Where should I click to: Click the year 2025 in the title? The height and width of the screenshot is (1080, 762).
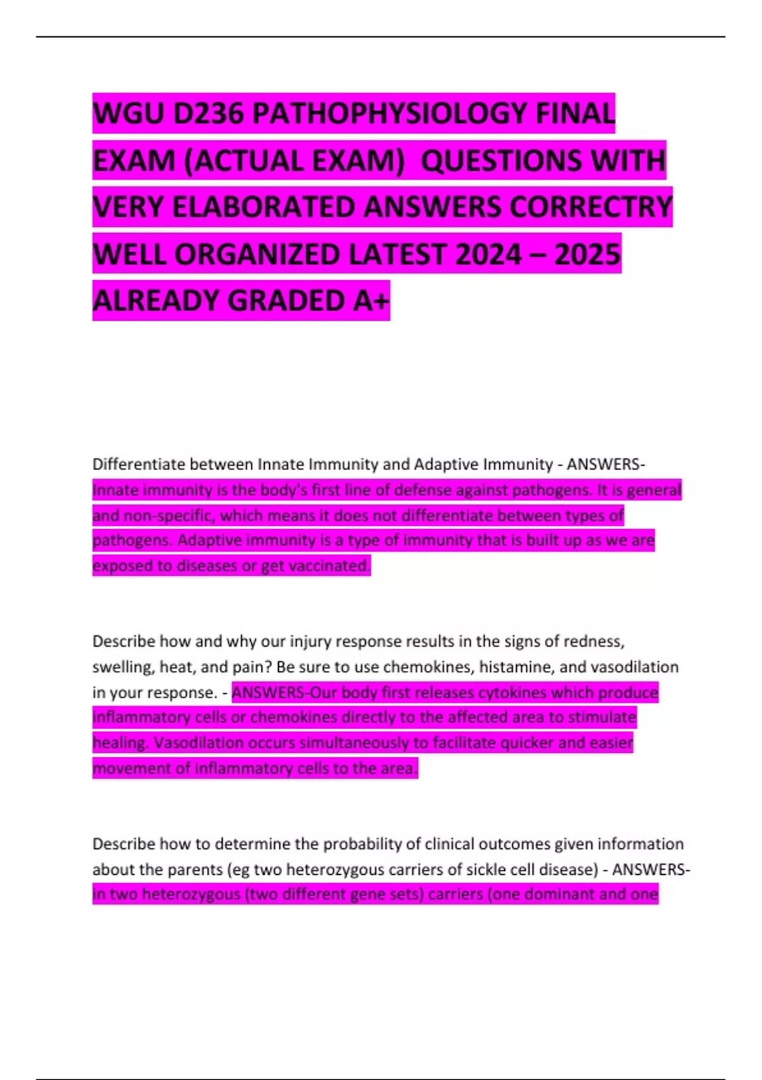tap(587, 254)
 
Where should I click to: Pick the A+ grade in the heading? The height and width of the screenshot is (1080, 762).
tap(371, 300)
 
